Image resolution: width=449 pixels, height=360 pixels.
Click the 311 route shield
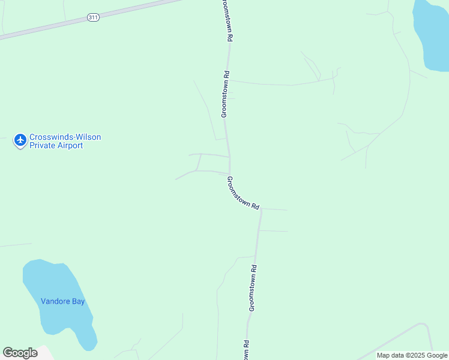click(x=92, y=18)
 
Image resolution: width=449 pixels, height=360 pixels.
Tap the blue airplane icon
click(x=20, y=140)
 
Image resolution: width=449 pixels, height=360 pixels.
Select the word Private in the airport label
click(x=43, y=145)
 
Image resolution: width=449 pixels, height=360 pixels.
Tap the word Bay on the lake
click(x=79, y=301)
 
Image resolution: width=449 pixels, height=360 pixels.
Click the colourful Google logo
click(x=20, y=353)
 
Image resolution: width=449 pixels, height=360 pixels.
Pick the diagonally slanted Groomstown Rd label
click(x=243, y=193)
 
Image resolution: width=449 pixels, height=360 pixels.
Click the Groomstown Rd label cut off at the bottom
click(x=246, y=350)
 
